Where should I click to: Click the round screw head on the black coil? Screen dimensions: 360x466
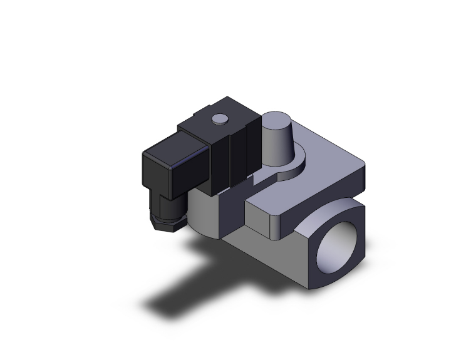tap(220, 118)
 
